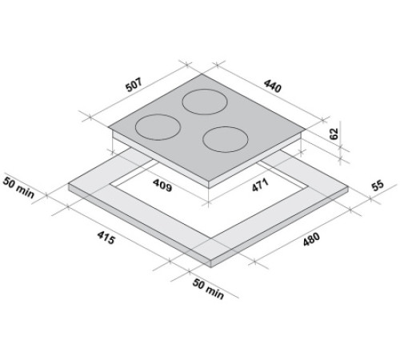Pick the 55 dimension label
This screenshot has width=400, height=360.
[x=378, y=186]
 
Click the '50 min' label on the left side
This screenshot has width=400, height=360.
[x=22, y=186]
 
